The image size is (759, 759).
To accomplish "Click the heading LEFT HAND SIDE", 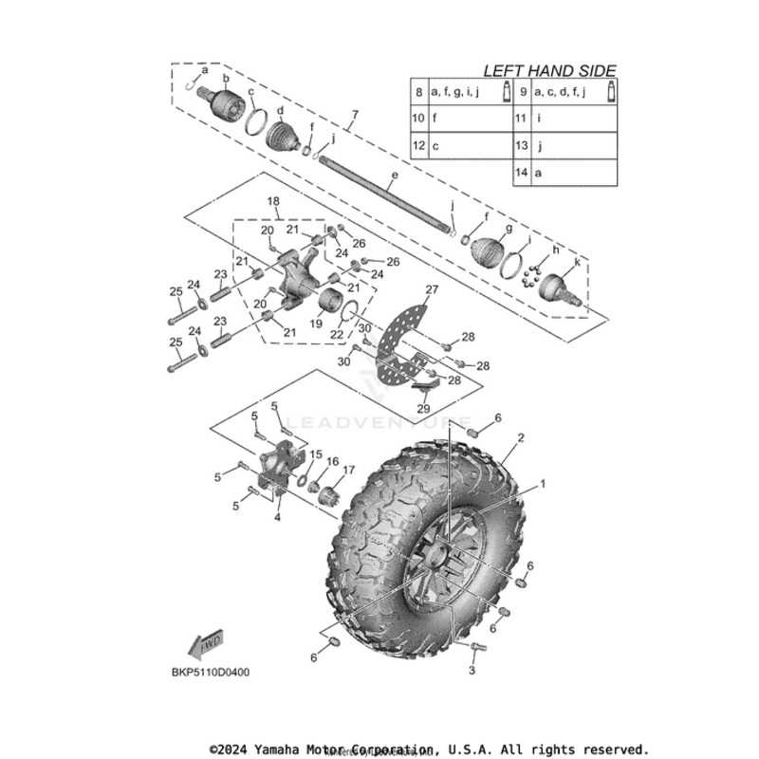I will point(549,70).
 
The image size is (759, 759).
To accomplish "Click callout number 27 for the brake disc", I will point(432,289).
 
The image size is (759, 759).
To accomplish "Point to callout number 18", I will point(273,203).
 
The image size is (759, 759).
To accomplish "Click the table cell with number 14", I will point(522,174).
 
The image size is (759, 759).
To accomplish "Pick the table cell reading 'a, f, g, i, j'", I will point(454,92).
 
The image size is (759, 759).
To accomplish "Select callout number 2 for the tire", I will point(521,438).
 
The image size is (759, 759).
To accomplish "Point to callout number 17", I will point(349,469).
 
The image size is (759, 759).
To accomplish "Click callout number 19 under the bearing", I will point(315,324).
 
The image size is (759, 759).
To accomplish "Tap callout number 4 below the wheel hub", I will point(277,517).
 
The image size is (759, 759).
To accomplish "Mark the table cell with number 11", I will point(522,120).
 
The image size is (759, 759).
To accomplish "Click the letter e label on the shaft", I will point(395,176).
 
